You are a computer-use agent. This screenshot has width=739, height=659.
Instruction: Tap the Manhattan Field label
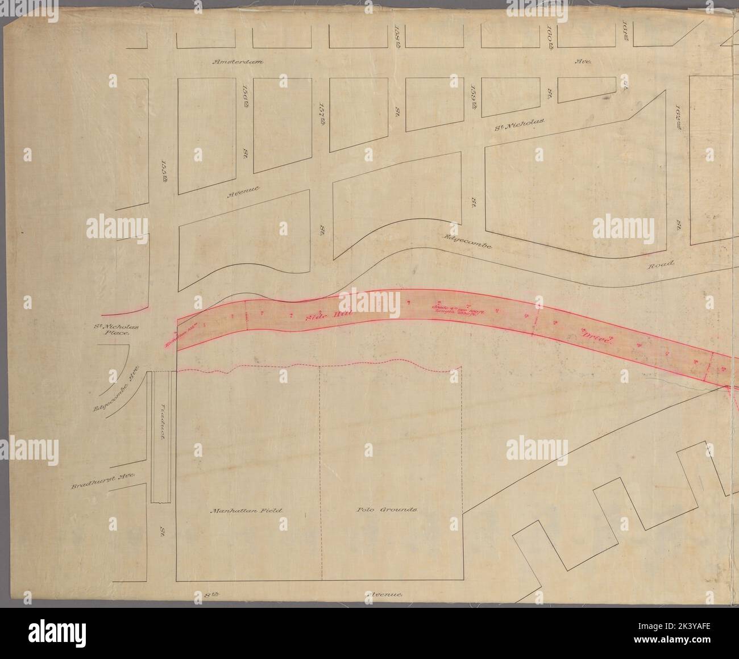(246, 510)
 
